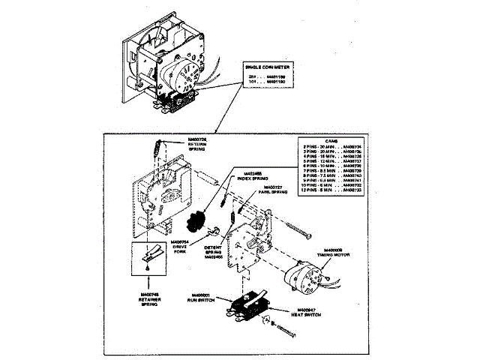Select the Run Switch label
click(204, 298)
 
